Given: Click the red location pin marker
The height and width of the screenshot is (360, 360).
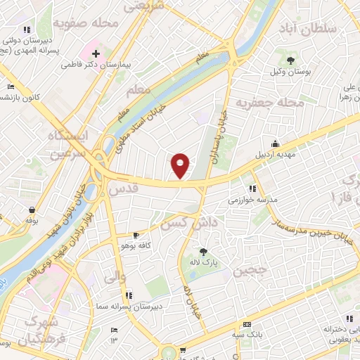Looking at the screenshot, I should [181, 165].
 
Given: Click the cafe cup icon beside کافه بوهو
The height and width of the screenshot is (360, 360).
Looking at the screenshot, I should [136, 235].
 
